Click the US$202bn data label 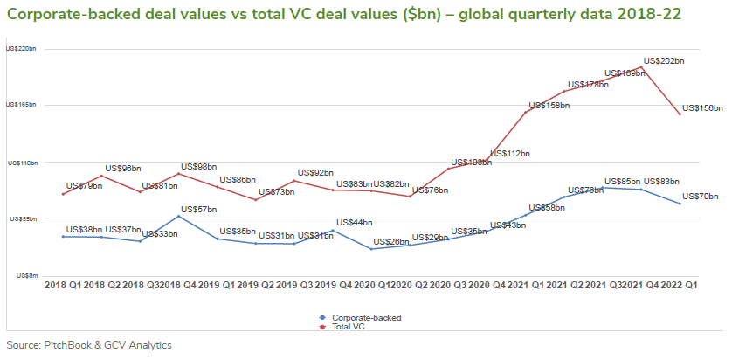pyautogui.click(x=663, y=61)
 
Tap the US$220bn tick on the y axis pyautogui.click(x=21, y=49)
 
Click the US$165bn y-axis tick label pyautogui.click(x=21, y=105)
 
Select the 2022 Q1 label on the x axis pyautogui.click(x=679, y=286)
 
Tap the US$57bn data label pyautogui.click(x=198, y=210)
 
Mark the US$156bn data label pyautogui.click(x=702, y=107)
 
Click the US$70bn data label pyautogui.click(x=701, y=197)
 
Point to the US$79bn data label pyautogui.click(x=85, y=185)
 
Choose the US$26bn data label pyautogui.click(x=391, y=241)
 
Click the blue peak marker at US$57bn pyautogui.click(x=179, y=216)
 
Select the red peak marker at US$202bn pyautogui.click(x=642, y=67)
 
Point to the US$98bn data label pyautogui.click(x=199, y=166)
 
